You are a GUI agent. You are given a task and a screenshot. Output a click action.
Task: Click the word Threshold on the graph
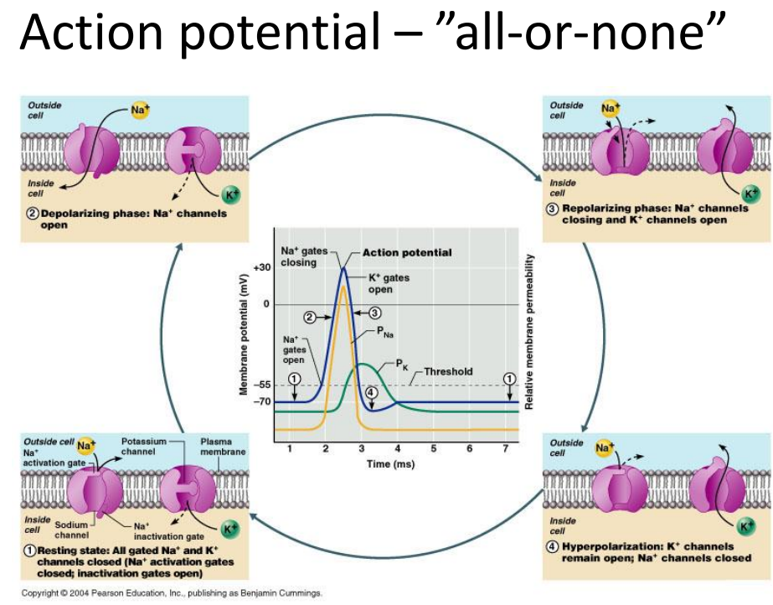pos(447,371)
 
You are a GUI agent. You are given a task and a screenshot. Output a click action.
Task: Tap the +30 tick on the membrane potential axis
pos(262,267)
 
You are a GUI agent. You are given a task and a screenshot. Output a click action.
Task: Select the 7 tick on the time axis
pos(505,448)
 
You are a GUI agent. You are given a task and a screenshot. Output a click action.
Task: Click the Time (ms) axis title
pos(390,464)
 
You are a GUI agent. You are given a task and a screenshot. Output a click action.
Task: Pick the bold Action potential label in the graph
pos(407,252)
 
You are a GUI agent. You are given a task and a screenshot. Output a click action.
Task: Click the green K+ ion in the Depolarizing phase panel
pos(230,194)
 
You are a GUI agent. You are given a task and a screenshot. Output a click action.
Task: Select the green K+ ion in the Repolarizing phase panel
pos(751,194)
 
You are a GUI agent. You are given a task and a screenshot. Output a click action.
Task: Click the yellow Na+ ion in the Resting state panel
pos(85,446)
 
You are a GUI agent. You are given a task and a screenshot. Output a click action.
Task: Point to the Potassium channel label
pos(144,447)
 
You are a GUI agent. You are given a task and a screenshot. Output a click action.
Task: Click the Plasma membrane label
pos(223,447)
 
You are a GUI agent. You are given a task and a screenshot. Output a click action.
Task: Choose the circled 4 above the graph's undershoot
pos(371,392)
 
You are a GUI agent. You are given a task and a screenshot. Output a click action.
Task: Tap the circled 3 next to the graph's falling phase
pos(374,313)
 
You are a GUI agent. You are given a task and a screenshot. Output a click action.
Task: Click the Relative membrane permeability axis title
pos(529,332)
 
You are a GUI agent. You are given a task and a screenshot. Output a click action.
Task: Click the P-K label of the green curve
pos(402,365)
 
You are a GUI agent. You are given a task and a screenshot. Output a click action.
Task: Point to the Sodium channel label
pos(71,530)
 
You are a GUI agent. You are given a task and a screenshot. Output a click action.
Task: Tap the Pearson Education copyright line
pos(172,593)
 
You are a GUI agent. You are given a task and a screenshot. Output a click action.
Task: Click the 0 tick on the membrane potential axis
pos(266,304)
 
